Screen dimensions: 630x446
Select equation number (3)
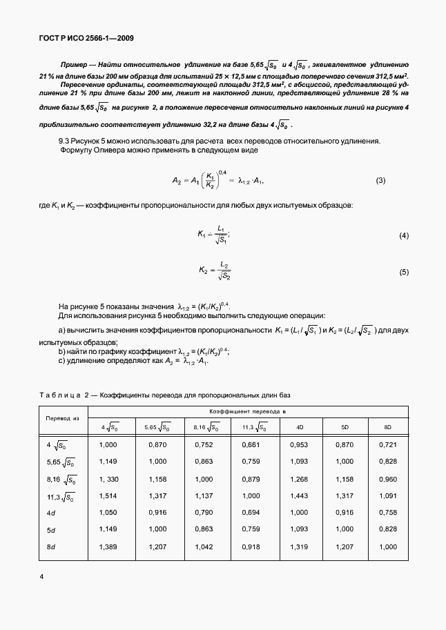pos(380,181)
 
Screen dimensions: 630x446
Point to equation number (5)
pos(404,273)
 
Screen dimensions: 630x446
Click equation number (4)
pos(404,236)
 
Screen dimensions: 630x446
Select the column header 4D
pos(300,428)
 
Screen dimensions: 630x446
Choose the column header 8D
pos(388,428)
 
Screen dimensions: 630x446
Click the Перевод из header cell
pos(63,418)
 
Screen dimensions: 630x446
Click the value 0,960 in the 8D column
pos(388,480)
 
